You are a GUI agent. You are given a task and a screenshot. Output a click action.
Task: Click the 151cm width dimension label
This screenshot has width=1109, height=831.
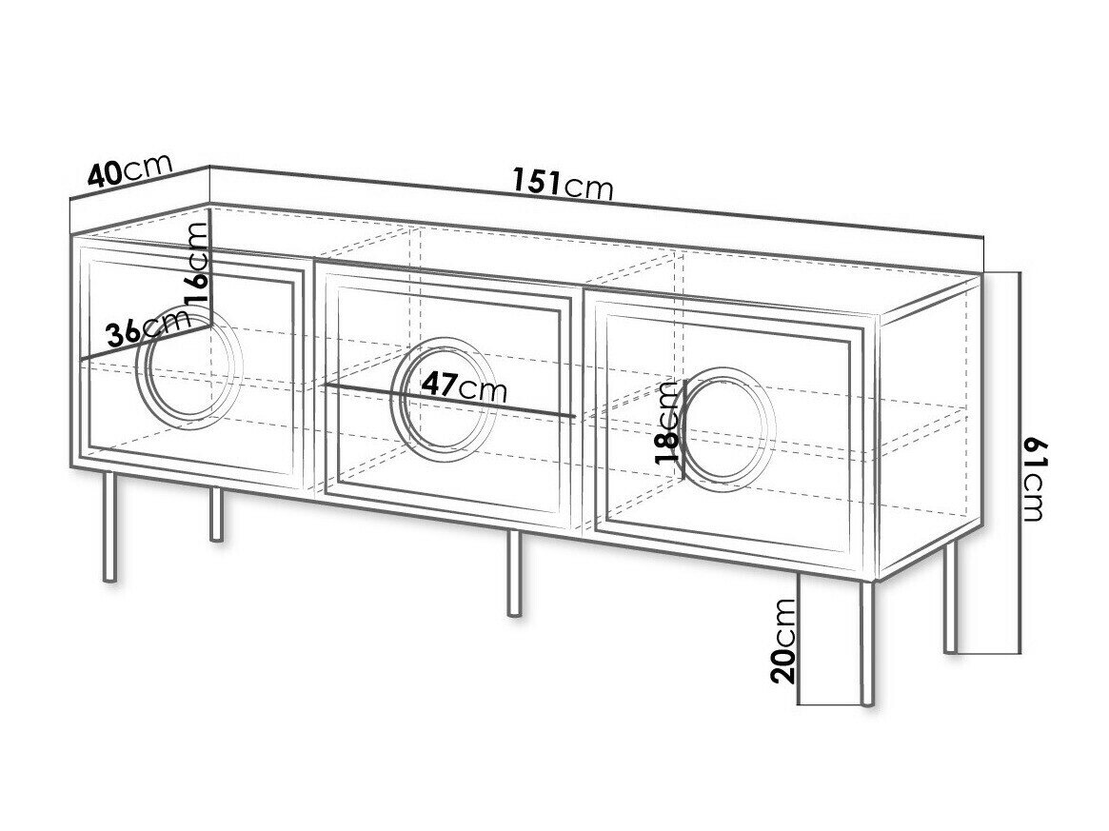coord(563,184)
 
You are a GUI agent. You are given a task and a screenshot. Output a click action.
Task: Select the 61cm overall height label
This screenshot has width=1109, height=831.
coord(1034,478)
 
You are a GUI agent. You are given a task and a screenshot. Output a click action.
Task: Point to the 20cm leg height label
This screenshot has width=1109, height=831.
coord(783,641)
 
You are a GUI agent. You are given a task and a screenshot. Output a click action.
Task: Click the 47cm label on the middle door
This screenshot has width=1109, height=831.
coord(464,386)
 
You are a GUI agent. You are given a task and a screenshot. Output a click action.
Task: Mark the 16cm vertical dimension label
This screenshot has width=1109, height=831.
coord(197,263)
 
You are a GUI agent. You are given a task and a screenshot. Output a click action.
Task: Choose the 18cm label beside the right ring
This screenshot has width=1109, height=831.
coord(666,422)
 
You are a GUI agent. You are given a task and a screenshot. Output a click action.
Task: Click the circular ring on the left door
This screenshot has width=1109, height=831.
coord(189,366)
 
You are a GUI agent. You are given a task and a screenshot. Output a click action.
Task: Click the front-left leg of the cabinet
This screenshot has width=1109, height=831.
coord(109,527)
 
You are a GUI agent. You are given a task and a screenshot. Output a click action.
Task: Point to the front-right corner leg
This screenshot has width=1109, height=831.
coord(867,643)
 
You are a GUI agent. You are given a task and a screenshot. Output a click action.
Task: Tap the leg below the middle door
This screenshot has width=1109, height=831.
coord(515,573)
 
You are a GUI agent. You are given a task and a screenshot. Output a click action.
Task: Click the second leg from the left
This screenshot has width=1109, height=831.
coord(217,514)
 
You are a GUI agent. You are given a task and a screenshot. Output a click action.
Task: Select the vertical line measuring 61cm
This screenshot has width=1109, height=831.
coord(1020,462)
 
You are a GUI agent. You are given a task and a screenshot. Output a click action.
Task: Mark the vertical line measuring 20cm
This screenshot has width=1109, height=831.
coord(799,639)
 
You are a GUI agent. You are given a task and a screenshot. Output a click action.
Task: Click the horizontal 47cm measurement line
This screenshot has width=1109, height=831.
coord(449,400)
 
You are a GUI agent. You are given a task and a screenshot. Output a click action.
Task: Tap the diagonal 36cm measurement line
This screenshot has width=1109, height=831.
coord(145,343)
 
